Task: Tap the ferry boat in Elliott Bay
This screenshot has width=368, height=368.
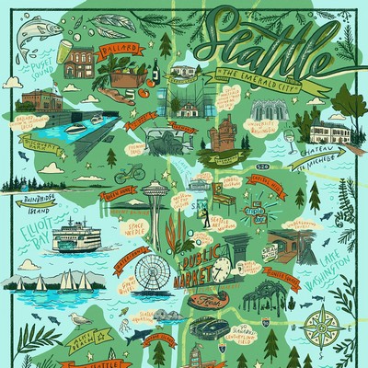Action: click(x=83, y=238)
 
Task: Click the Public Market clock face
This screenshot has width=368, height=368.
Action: click(x=222, y=268)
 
